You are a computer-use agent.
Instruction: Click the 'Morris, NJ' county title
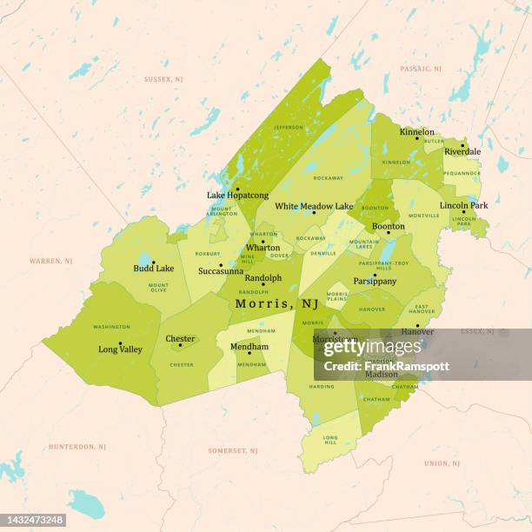[276, 303]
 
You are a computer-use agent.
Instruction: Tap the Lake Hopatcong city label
[237, 196]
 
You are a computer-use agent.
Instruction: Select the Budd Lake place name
[154, 269]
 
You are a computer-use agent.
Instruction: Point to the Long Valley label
[120, 349]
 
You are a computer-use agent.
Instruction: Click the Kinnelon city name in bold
[417, 132]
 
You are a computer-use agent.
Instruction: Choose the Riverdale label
[462, 151]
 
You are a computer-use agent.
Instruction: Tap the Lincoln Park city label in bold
[463, 205]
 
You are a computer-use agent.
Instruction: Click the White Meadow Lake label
[314, 206]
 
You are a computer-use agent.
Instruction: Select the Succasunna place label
[221, 271]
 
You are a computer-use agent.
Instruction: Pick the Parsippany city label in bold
[375, 281]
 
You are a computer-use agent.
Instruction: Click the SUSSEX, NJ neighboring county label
[163, 79]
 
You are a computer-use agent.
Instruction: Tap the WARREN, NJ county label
[51, 261]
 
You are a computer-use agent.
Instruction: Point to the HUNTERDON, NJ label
[77, 447]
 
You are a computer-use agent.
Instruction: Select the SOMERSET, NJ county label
[232, 451]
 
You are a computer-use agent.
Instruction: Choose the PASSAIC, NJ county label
[421, 68]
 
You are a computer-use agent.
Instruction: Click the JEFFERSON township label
[289, 127]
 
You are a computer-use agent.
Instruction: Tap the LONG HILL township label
[330, 440]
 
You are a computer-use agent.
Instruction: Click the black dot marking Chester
[181, 345]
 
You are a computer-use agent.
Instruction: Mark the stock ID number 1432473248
[32, 519]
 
